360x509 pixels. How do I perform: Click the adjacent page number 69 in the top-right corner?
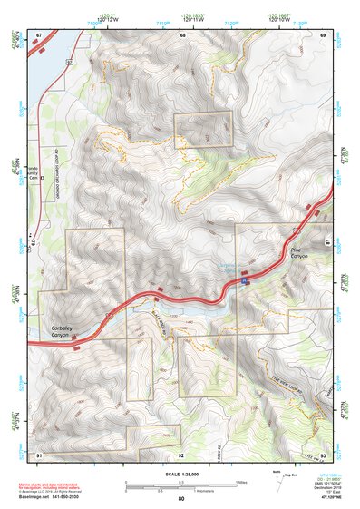323,34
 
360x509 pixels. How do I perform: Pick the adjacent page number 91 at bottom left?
39,454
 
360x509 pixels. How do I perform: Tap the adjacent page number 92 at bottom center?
181,454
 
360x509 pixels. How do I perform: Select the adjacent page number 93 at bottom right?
324,454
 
